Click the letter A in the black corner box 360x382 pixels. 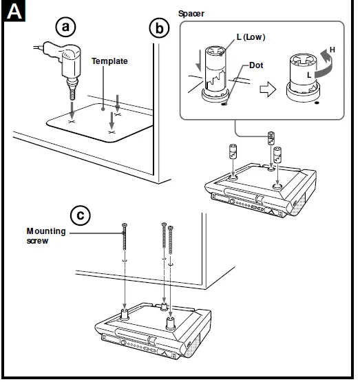pyautogui.click(x=14, y=12)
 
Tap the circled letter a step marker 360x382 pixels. pyautogui.click(x=65, y=27)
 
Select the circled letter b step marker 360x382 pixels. pyautogui.click(x=159, y=28)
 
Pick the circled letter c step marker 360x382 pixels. pyautogui.click(x=80, y=215)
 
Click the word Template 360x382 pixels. pyautogui.click(x=109, y=61)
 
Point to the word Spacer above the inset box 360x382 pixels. pyautogui.click(x=191, y=14)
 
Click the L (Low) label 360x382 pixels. pyautogui.click(x=251, y=37)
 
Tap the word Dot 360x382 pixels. pyautogui.click(x=256, y=65)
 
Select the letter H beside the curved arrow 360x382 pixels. pyautogui.click(x=332, y=50)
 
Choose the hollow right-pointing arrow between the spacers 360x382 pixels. pyautogui.click(x=268, y=89)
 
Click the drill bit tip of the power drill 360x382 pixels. pyautogui.click(x=72, y=98)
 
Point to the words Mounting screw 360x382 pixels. pyautogui.click(x=46, y=236)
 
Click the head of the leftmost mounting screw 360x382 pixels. pyautogui.click(x=125, y=225)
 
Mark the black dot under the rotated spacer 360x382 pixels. pyautogui.click(x=317, y=103)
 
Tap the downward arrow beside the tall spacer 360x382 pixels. pyautogui.click(x=199, y=61)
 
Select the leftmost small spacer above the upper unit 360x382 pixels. pyautogui.click(x=233, y=151)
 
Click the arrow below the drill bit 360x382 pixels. pyautogui.click(x=72, y=109)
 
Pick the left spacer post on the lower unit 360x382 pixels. pyautogui.click(x=125, y=315)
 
